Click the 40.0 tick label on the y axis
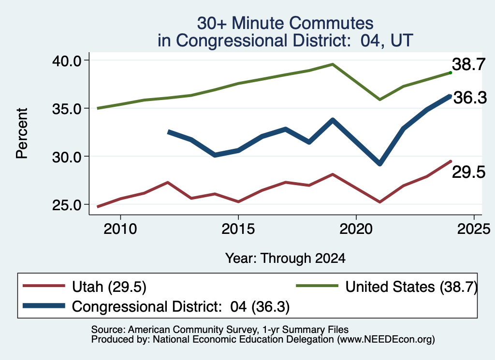click(67, 60)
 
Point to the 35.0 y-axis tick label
click(67, 109)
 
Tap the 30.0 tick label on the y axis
click(67, 157)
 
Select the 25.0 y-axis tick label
click(67, 205)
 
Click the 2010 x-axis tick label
click(120, 229)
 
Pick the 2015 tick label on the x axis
click(238, 229)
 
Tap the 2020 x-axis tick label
click(356, 229)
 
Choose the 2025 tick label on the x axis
click(474, 229)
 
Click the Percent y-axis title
click(22, 133)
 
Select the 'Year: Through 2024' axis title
click(285, 258)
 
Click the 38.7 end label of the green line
click(468, 64)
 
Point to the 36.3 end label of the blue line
click(470, 98)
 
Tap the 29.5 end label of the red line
click(468, 173)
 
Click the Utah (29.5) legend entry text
click(109, 287)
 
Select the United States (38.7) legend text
click(411, 287)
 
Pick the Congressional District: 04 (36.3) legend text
click(181, 306)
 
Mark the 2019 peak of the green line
click(333, 64)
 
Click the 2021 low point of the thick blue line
click(380, 163)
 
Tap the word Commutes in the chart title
click(331, 23)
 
